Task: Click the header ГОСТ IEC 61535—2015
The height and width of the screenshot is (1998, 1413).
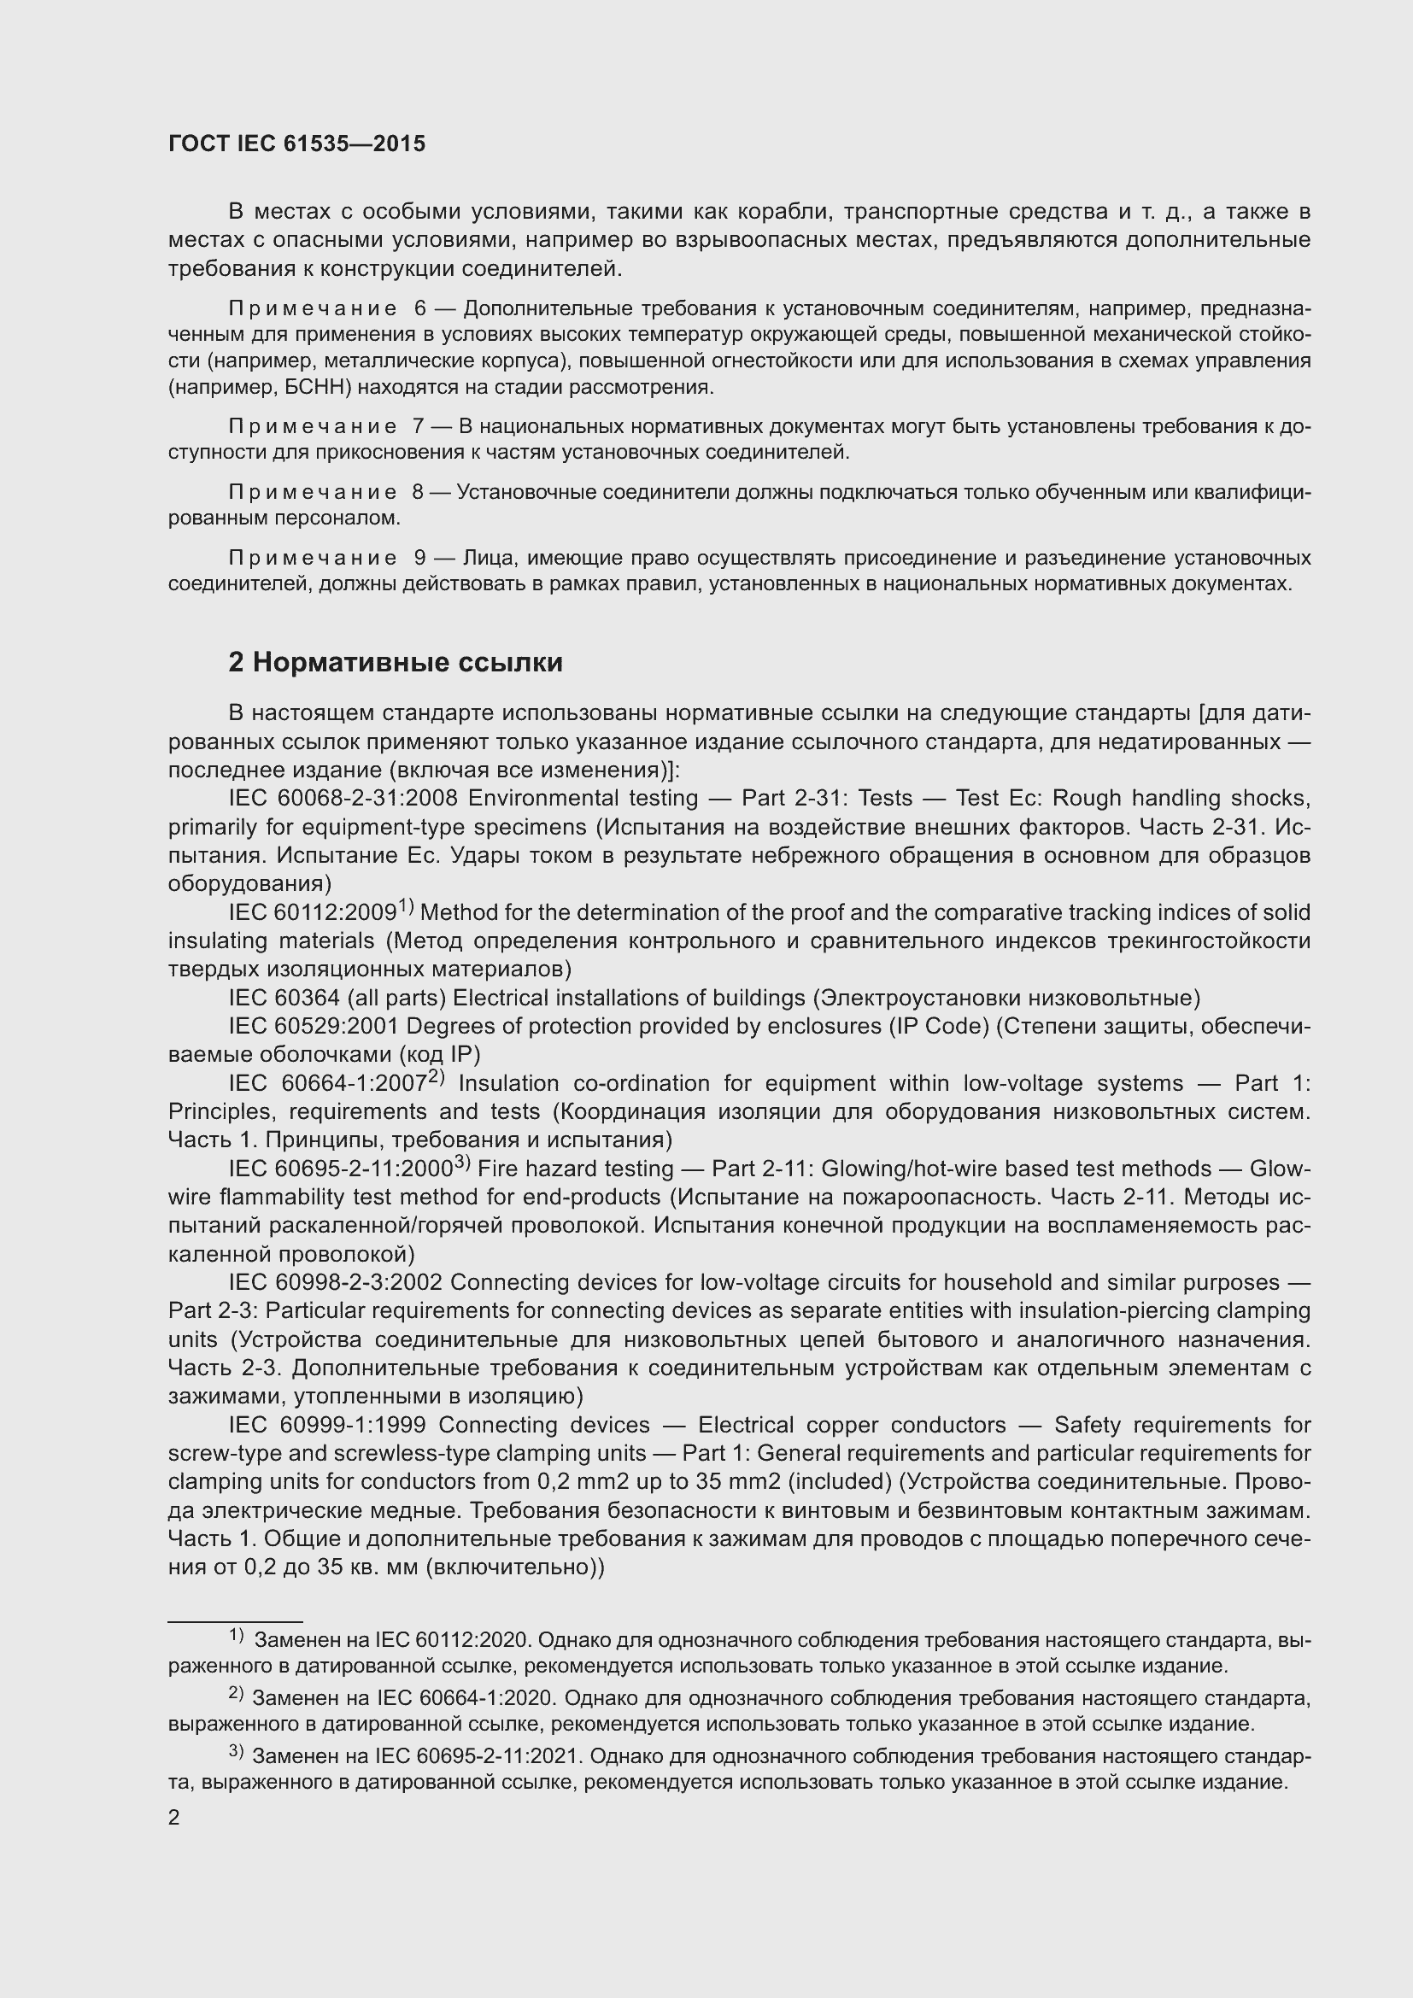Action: [296, 144]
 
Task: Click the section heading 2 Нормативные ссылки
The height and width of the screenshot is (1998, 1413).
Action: [395, 663]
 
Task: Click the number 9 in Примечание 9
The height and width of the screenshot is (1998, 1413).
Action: [420, 558]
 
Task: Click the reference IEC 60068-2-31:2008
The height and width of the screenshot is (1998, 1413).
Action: [336, 799]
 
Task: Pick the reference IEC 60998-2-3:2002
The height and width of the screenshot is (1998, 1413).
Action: [336, 1283]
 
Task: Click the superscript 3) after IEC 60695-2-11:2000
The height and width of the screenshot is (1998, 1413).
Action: [462, 1163]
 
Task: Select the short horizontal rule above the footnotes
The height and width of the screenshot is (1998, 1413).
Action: [234, 1621]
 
